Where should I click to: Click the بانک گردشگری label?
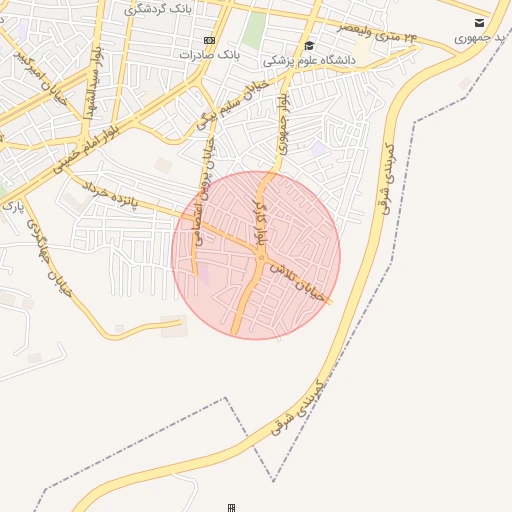pyautogui.click(x=157, y=9)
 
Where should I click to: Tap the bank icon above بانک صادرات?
pyautogui.click(x=208, y=41)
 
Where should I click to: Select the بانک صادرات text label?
pyautogui.click(x=211, y=54)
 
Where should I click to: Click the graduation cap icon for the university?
pyautogui.click(x=309, y=45)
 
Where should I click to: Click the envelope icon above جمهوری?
pyautogui.click(x=480, y=22)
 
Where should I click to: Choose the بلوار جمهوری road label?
pyautogui.click(x=284, y=124)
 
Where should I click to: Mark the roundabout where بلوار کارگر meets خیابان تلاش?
pyautogui.click(x=262, y=260)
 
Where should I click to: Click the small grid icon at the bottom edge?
pyautogui.click(x=232, y=508)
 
